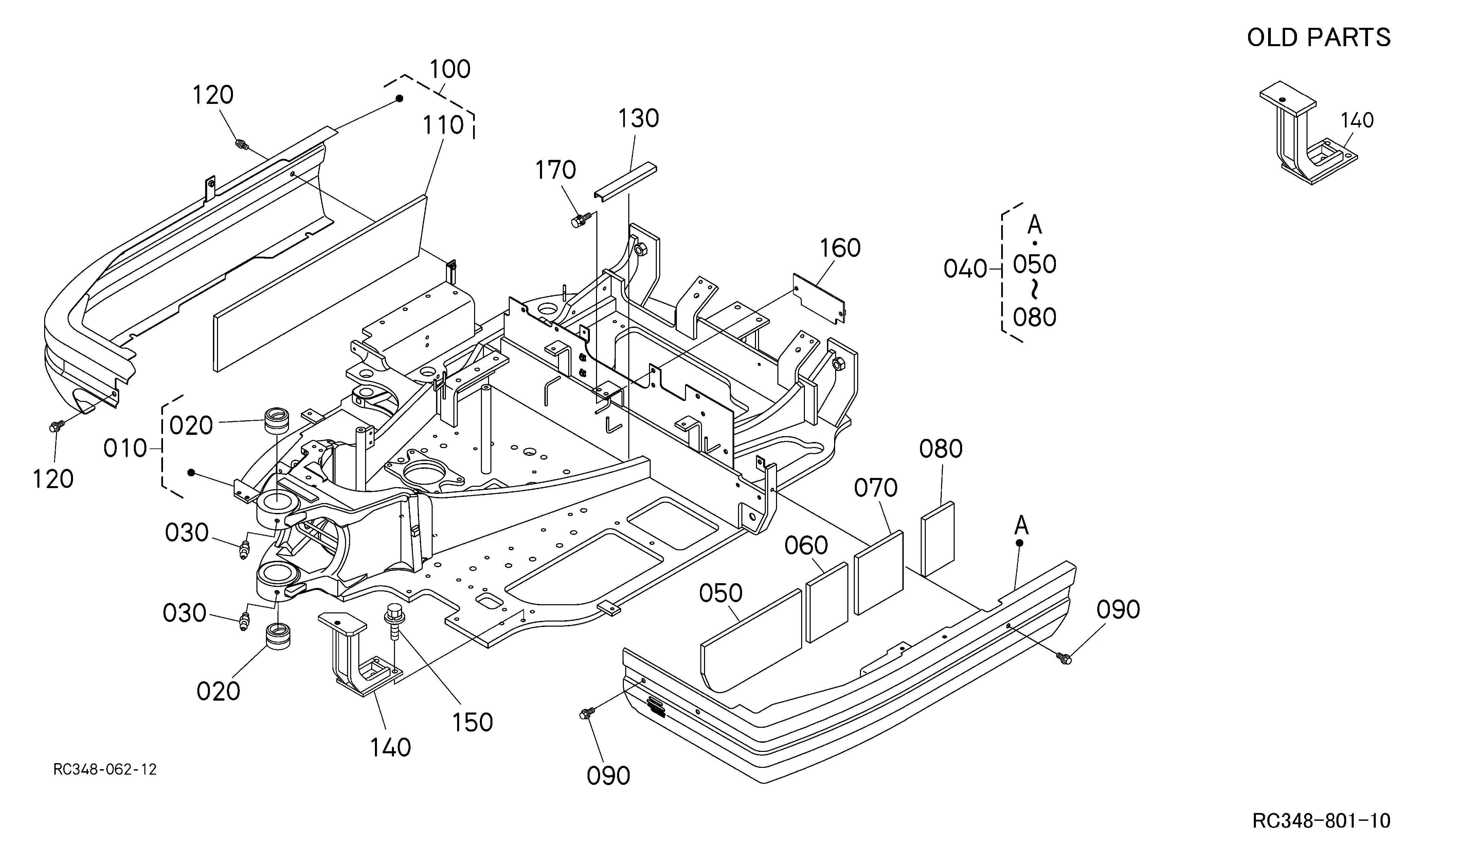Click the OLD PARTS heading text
point(1319,38)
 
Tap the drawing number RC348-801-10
point(1321,820)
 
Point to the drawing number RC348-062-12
point(105,770)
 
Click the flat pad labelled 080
point(937,539)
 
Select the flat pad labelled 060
point(827,602)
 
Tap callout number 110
point(443,125)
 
